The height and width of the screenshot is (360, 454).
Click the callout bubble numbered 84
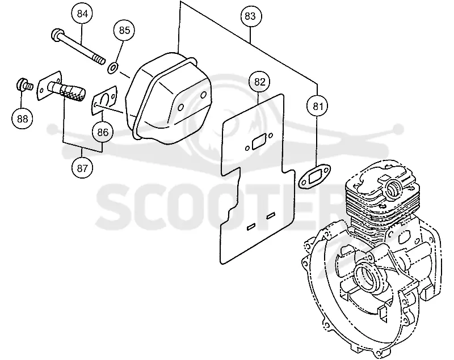coord(82,14)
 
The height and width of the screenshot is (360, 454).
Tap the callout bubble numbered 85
coord(124,31)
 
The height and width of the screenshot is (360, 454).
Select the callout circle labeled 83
coord(250,16)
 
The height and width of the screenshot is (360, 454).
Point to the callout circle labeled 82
coord(260,82)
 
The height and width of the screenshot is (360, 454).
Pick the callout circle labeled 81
coord(318,107)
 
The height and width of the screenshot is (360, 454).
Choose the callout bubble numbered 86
coord(103,133)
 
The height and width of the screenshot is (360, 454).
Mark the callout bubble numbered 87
coord(82,168)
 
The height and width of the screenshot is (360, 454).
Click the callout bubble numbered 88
coord(23,118)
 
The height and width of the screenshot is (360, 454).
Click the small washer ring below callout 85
coord(112,68)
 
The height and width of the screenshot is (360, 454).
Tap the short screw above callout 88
coord(24,84)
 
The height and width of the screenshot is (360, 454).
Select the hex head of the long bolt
coord(57,34)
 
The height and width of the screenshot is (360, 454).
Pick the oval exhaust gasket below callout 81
coord(314,177)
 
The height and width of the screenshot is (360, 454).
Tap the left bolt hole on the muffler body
coord(180,107)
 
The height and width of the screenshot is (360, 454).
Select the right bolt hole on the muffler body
coord(204,94)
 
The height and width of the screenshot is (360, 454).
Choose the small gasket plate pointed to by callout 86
coord(104,100)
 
